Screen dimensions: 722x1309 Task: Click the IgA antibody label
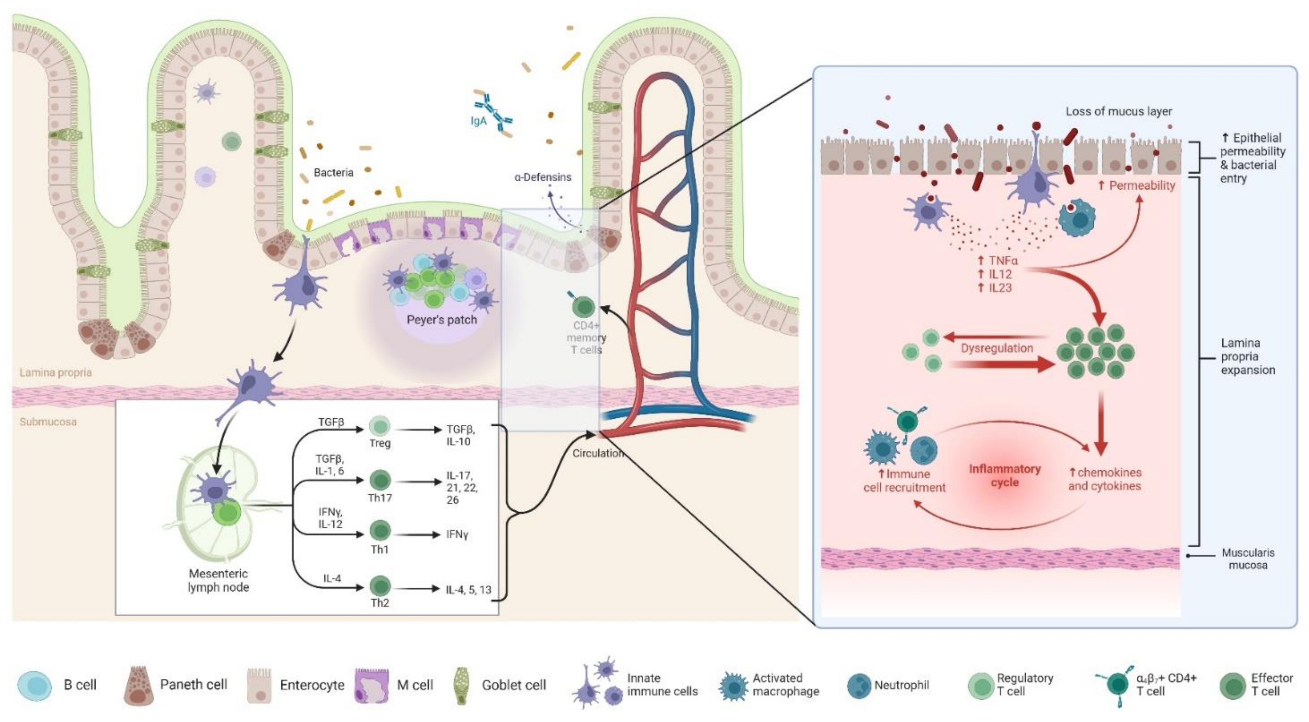click(x=479, y=121)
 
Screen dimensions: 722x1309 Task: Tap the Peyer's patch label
click(x=441, y=320)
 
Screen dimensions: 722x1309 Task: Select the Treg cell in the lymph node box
click(x=379, y=426)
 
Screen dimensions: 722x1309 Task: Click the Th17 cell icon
click(x=379, y=480)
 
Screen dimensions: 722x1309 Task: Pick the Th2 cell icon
click(x=379, y=586)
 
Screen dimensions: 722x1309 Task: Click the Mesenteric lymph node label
click(x=219, y=580)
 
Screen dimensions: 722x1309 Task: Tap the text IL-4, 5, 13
click(x=468, y=589)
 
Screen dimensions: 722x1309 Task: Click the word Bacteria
click(x=333, y=172)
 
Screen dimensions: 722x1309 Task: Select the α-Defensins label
click(x=543, y=177)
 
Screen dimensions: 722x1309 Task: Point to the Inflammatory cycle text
click(x=1005, y=475)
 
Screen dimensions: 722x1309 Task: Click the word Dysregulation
click(x=997, y=348)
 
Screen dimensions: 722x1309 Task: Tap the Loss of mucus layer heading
click(x=1118, y=111)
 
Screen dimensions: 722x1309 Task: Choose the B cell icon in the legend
click(x=34, y=685)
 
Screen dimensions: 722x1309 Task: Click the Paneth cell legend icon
click(x=139, y=685)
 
